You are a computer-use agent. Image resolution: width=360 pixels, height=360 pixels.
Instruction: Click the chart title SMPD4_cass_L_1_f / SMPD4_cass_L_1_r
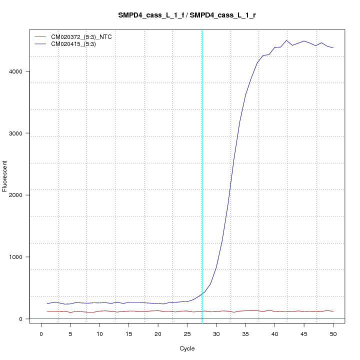click(187, 15)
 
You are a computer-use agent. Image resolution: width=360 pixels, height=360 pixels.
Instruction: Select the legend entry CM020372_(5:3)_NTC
click(78, 37)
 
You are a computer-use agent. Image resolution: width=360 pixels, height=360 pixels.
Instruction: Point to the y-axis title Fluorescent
click(5, 176)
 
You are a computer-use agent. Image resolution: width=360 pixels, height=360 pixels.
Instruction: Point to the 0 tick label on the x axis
click(41, 333)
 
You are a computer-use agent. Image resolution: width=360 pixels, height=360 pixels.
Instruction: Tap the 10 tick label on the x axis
click(99, 333)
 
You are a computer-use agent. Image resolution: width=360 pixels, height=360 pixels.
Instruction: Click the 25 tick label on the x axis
click(187, 333)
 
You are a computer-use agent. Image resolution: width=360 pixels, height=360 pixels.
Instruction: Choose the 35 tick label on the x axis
click(245, 333)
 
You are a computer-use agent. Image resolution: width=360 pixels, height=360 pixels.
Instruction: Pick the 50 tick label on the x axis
click(333, 333)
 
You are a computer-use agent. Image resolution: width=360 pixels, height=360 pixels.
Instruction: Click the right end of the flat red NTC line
click(333, 311)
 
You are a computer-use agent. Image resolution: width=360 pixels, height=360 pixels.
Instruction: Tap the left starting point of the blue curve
click(47, 304)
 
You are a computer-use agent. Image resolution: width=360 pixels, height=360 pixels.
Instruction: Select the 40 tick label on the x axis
click(274, 333)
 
